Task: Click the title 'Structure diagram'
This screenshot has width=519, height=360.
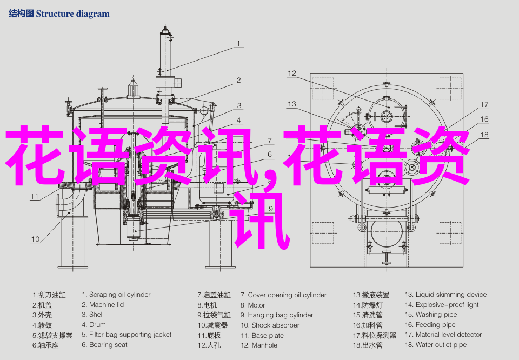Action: pyautogui.click(x=72, y=14)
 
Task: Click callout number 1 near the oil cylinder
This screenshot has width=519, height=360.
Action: pyautogui.click(x=238, y=43)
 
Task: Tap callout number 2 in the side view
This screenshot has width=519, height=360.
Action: pyautogui.click(x=238, y=80)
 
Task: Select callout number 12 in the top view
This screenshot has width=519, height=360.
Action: pyautogui.click(x=291, y=73)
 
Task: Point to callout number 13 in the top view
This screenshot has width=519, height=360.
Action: pyautogui.click(x=291, y=104)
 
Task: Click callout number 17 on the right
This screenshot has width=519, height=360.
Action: pyautogui.click(x=484, y=104)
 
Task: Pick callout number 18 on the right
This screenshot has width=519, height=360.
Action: pyautogui.click(x=484, y=135)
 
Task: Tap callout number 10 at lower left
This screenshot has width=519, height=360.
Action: pyautogui.click(x=35, y=239)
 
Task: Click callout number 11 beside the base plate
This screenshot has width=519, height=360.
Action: pyautogui.click(x=35, y=197)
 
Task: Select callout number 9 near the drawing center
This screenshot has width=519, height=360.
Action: pyautogui.click(x=271, y=209)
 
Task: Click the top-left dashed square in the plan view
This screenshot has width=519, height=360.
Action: pyautogui.click(x=323, y=88)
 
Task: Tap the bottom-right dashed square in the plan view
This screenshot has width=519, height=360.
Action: pyautogui.click(x=450, y=234)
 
